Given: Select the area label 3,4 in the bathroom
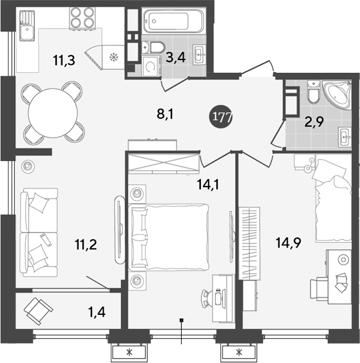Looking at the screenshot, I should click(176, 58).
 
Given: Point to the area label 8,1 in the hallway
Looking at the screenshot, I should click(166, 115).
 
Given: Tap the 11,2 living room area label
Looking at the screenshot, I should click(87, 244).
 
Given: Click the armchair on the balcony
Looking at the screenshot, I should click(38, 311).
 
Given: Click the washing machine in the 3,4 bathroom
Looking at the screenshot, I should click(153, 68).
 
